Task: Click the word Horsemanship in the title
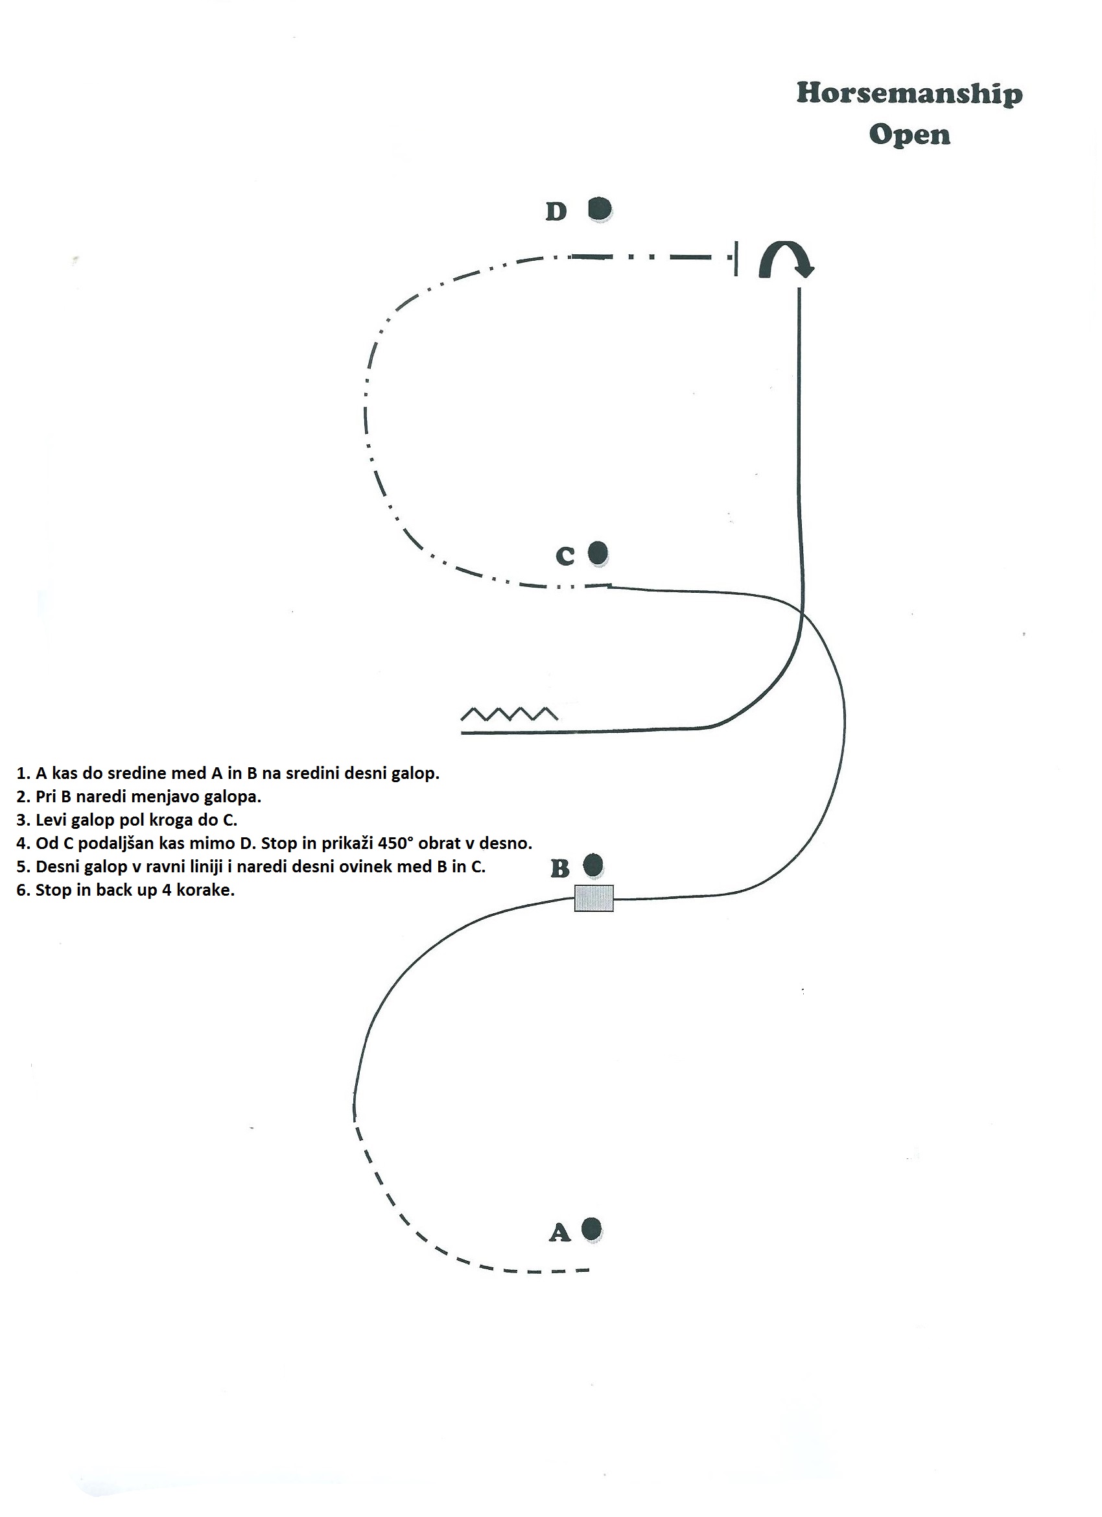tap(909, 94)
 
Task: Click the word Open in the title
tap(909, 135)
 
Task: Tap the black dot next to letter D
tap(600, 209)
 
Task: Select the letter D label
tap(556, 211)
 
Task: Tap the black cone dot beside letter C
tap(598, 553)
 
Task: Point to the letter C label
tap(565, 556)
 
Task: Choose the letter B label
tap(559, 868)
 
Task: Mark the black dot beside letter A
tap(592, 1229)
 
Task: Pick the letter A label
tap(559, 1232)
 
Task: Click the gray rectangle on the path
tap(594, 898)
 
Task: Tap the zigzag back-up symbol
tap(510, 713)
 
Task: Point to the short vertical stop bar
tap(736, 259)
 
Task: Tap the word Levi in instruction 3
tap(51, 820)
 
